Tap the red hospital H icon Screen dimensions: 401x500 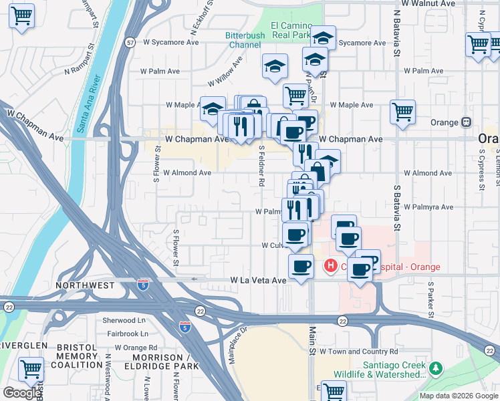pyautogui.click(x=330, y=267)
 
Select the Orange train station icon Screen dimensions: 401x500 pyautogui.click(x=466, y=122)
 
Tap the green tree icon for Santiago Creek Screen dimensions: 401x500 pyautogui.click(x=436, y=368)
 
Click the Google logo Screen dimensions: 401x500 pyautogui.click(x=22, y=393)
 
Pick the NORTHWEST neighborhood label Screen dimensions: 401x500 pyautogui.click(x=85, y=285)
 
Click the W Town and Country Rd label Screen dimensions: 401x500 pyautogui.click(x=358, y=351)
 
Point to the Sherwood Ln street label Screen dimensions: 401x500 pyautogui.click(x=124, y=320)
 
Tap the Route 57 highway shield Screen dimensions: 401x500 pyautogui.click(x=130, y=42)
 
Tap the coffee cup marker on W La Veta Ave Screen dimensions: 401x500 pyautogui.click(x=301, y=266)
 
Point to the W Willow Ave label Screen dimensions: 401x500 pyautogui.click(x=225, y=73)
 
